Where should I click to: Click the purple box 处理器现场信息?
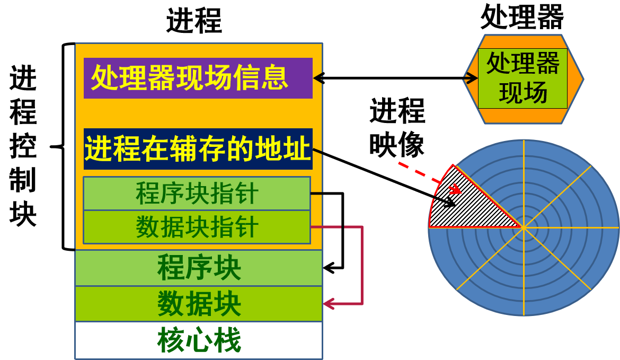[x=198, y=78]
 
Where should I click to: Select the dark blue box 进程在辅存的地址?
[x=198, y=149]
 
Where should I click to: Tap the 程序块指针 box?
[x=197, y=194]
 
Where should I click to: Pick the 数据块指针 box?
[x=197, y=227]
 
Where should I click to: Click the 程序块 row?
[x=199, y=268]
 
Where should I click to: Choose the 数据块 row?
[x=199, y=304]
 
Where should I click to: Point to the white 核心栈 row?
[x=199, y=340]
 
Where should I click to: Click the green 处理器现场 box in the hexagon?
[x=522, y=78]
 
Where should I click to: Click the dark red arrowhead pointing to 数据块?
[x=327, y=304]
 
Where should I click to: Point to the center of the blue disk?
[x=524, y=227]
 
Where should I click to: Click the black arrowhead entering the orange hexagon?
[x=473, y=78]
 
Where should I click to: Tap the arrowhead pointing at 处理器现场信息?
[x=318, y=78]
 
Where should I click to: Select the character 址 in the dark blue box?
[x=298, y=149]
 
